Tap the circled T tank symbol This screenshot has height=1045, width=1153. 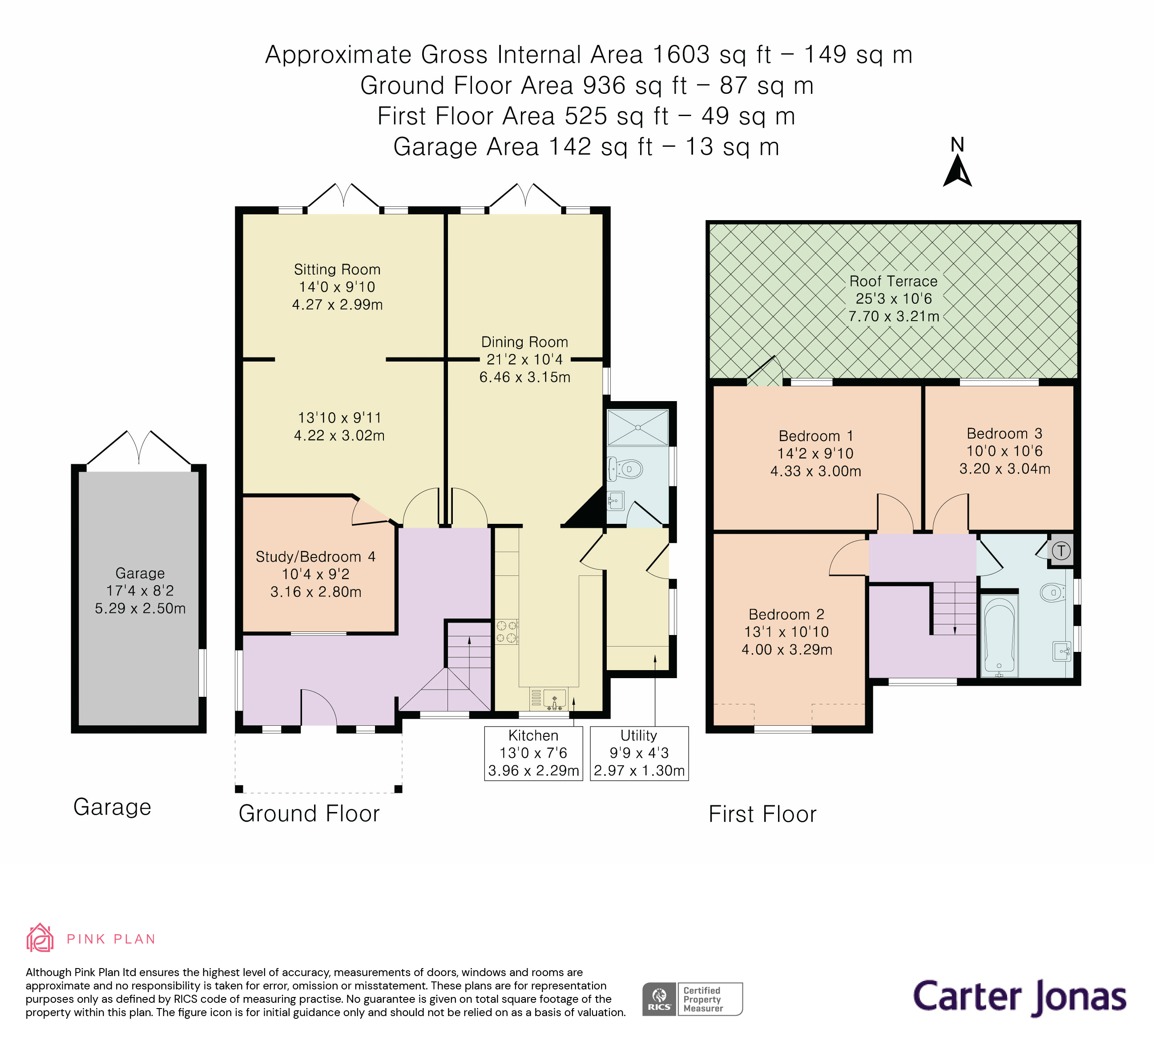pyautogui.click(x=1061, y=551)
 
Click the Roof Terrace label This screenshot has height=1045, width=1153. pyautogui.click(x=893, y=281)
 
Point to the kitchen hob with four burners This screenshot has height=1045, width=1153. pyautogui.click(x=507, y=632)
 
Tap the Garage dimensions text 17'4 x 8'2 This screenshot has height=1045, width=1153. pyautogui.click(x=140, y=591)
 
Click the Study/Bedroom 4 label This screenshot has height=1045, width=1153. pyautogui.click(x=315, y=557)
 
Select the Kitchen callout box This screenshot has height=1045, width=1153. pyautogui.click(x=533, y=753)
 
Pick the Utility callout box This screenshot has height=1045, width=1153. pyautogui.click(x=639, y=753)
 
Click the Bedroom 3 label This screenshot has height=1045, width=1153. pyautogui.click(x=1004, y=433)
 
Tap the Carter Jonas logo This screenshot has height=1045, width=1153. pyautogui.click(x=1019, y=997)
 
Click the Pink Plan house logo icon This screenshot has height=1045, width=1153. pyautogui.click(x=40, y=938)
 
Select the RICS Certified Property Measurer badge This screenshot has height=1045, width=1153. pyautogui.click(x=692, y=999)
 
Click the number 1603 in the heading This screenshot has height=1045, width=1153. pyautogui.click(x=681, y=55)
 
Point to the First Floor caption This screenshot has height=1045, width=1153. pyautogui.click(x=762, y=814)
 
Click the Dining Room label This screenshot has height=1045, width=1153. pyautogui.click(x=524, y=342)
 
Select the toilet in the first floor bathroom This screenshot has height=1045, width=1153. pyautogui.click(x=1052, y=592)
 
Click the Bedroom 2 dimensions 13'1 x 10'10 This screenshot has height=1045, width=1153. pyautogui.click(x=786, y=632)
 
